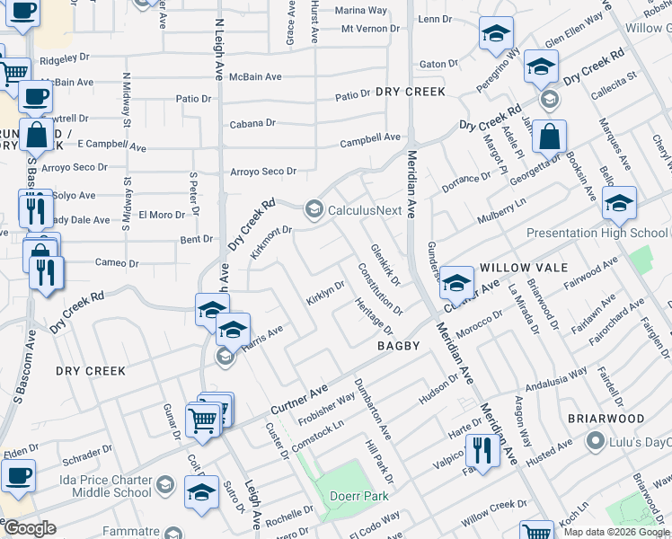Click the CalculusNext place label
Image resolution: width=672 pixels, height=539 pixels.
[365, 210]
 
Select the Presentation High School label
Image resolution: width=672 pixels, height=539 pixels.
[597, 233]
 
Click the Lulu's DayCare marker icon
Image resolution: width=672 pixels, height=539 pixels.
[593, 441]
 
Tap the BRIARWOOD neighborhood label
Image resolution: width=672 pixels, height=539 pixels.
[606, 419]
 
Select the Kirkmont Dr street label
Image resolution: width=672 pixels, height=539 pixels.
[272, 242]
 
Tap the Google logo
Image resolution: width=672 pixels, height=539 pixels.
[31, 528]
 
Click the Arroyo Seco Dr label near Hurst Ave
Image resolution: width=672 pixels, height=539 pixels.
[263, 172]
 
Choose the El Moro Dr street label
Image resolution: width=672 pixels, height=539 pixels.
[162, 215]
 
